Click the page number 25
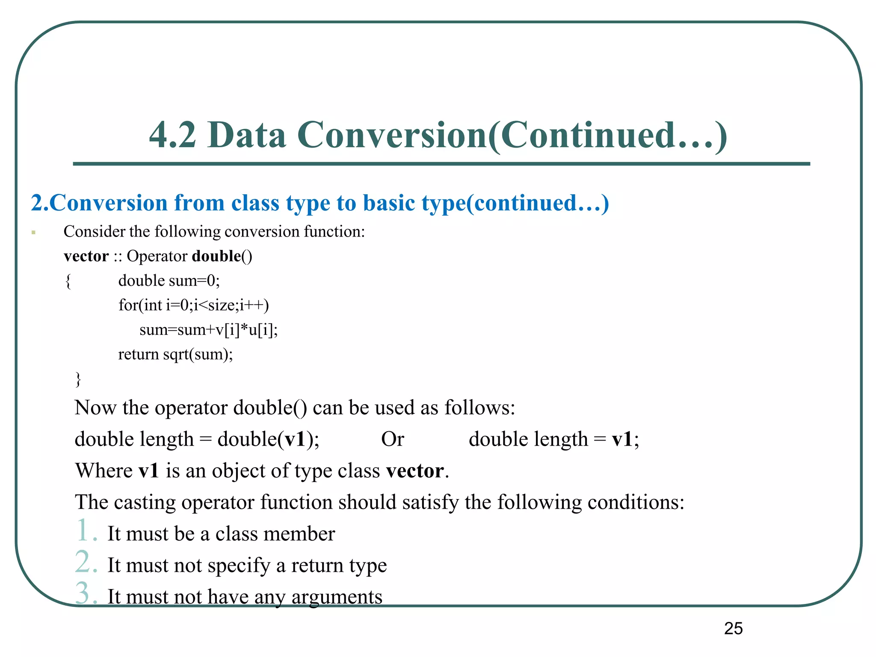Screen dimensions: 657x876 click(733, 628)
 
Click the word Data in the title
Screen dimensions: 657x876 click(247, 135)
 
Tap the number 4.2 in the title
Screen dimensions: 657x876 click(172, 135)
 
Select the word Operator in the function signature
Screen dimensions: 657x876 click(157, 256)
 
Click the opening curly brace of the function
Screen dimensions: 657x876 click(68, 281)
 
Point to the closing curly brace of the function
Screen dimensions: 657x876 click(78, 379)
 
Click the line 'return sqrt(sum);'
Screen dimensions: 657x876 click(175, 354)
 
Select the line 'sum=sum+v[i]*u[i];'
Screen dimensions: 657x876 click(208, 330)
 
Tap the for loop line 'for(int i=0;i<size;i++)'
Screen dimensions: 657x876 click(193, 305)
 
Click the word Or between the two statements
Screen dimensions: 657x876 click(392, 439)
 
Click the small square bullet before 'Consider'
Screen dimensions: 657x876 click(33, 233)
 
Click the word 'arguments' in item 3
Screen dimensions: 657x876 click(337, 597)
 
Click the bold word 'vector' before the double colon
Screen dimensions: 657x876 click(86, 256)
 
